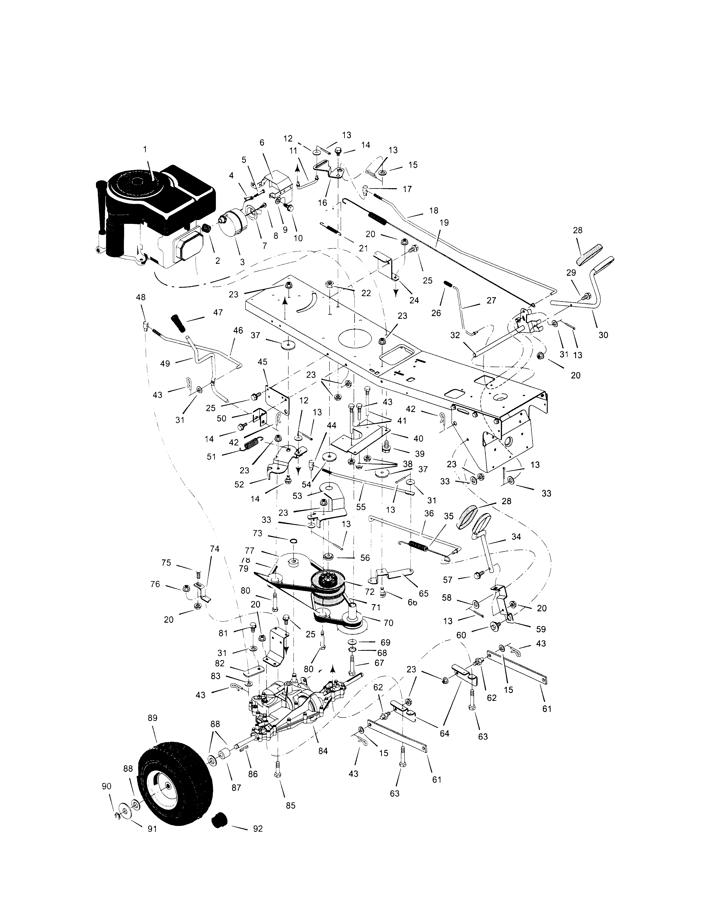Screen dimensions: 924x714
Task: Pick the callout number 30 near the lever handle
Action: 603,335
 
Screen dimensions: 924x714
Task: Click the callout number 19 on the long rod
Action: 444,223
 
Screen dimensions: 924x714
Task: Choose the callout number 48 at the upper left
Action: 140,297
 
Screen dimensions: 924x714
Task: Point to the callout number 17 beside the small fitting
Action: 407,189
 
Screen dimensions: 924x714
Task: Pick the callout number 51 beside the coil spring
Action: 211,457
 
